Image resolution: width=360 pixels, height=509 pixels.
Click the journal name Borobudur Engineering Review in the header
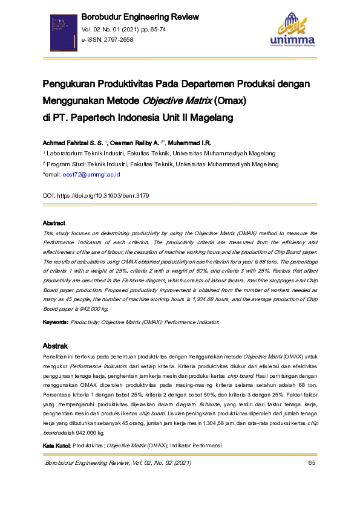pos(139,17)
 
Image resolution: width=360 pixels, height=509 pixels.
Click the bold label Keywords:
pos(55,323)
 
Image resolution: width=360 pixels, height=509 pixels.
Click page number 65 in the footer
pos(312,463)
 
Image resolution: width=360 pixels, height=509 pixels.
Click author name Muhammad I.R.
pos(189,142)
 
